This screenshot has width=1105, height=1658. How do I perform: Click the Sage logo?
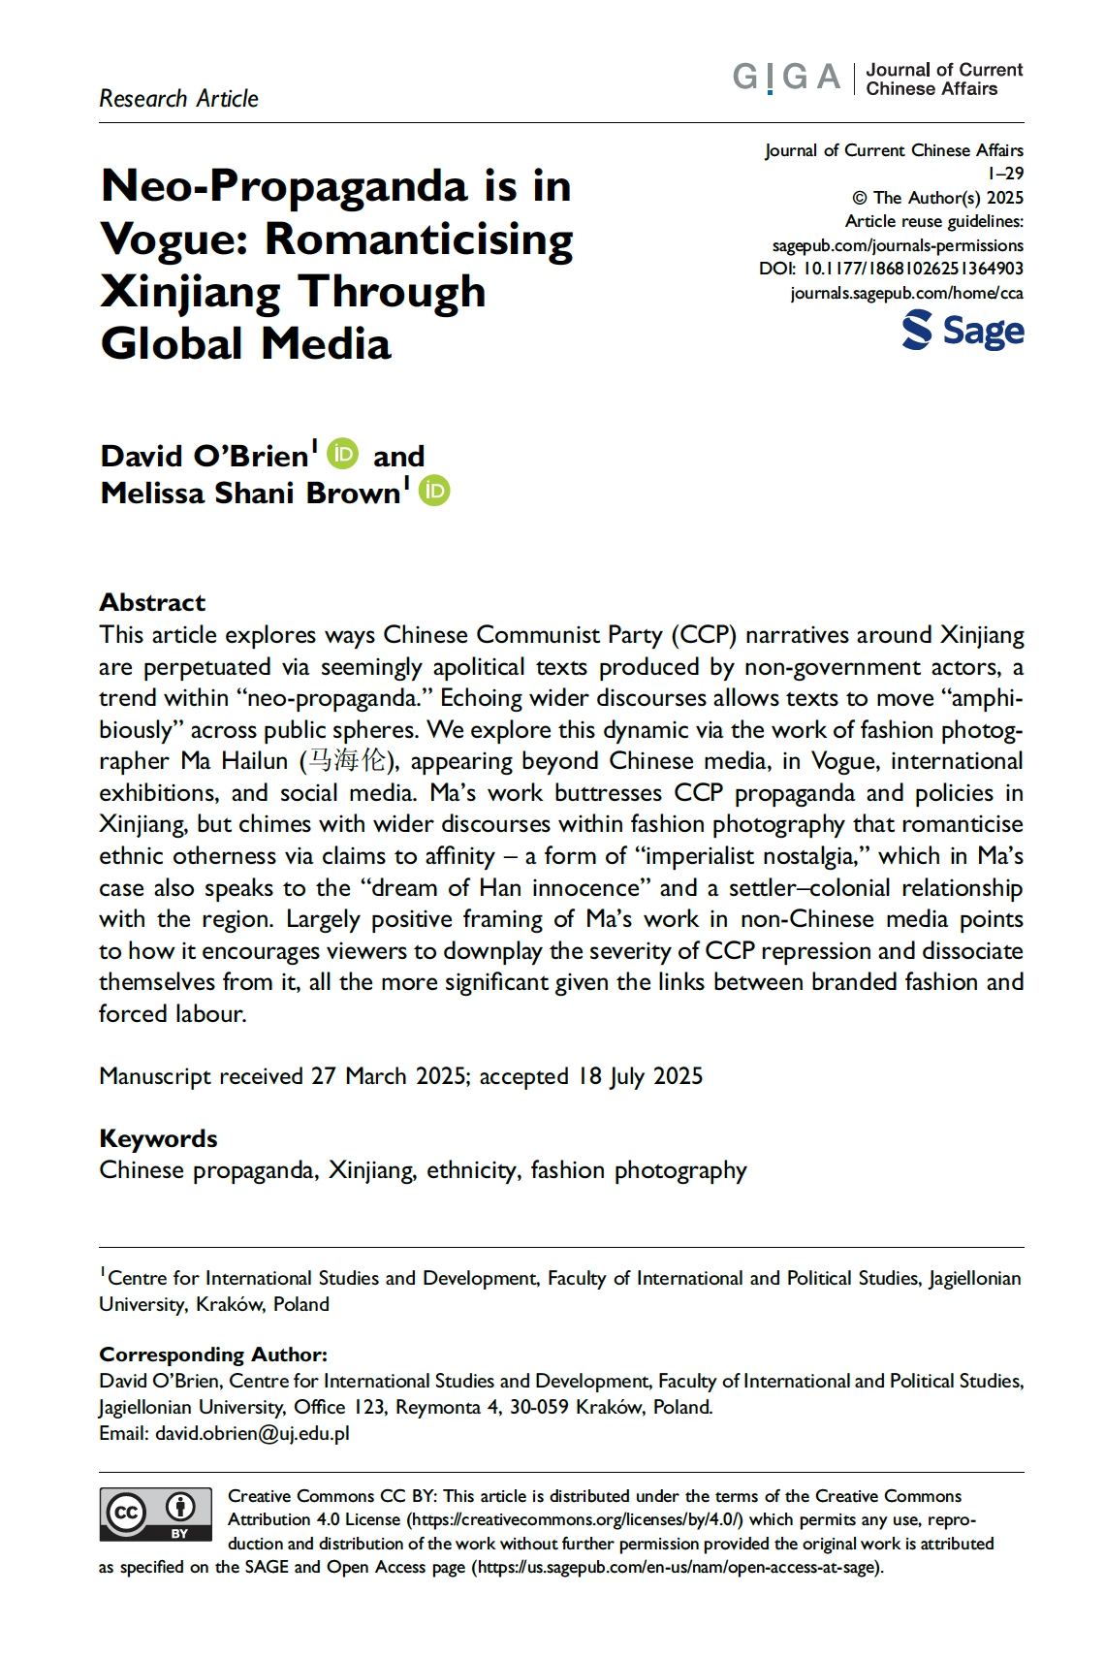tap(963, 331)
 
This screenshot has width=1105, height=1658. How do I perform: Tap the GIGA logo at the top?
tap(786, 77)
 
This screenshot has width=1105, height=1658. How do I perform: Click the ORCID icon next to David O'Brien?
tap(342, 454)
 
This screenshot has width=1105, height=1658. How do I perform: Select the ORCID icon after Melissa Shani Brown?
tap(434, 491)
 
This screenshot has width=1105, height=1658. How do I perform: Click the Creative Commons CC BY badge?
tap(155, 1514)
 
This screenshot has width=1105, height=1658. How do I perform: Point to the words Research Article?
tap(178, 99)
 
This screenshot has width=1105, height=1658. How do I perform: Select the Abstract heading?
tap(152, 602)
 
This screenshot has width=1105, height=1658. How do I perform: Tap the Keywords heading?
tap(158, 1138)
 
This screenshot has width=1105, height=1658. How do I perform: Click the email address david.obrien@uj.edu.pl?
tap(252, 1433)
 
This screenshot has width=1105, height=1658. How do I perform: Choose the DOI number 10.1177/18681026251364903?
tap(912, 269)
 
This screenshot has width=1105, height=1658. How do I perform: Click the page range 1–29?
tap(1005, 174)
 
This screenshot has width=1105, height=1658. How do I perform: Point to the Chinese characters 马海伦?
tap(346, 761)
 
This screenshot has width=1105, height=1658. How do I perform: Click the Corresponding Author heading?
tap(213, 1355)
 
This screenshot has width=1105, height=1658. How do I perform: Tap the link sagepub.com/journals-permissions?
tap(898, 245)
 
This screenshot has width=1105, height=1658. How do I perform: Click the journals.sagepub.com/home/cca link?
tap(906, 293)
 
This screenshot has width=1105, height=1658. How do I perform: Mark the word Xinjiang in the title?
tap(190, 292)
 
